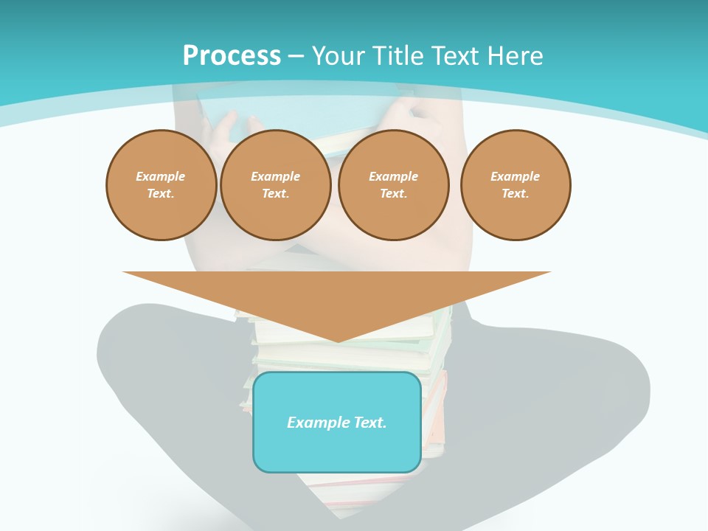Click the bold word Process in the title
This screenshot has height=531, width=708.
point(232,56)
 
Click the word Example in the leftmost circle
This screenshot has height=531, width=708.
point(161,176)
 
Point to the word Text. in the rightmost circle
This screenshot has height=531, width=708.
point(516,193)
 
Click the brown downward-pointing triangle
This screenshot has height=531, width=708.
point(337,295)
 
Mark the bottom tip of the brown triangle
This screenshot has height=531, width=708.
point(338,341)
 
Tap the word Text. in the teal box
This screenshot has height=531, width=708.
point(370,423)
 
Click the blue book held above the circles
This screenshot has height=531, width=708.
point(310,118)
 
